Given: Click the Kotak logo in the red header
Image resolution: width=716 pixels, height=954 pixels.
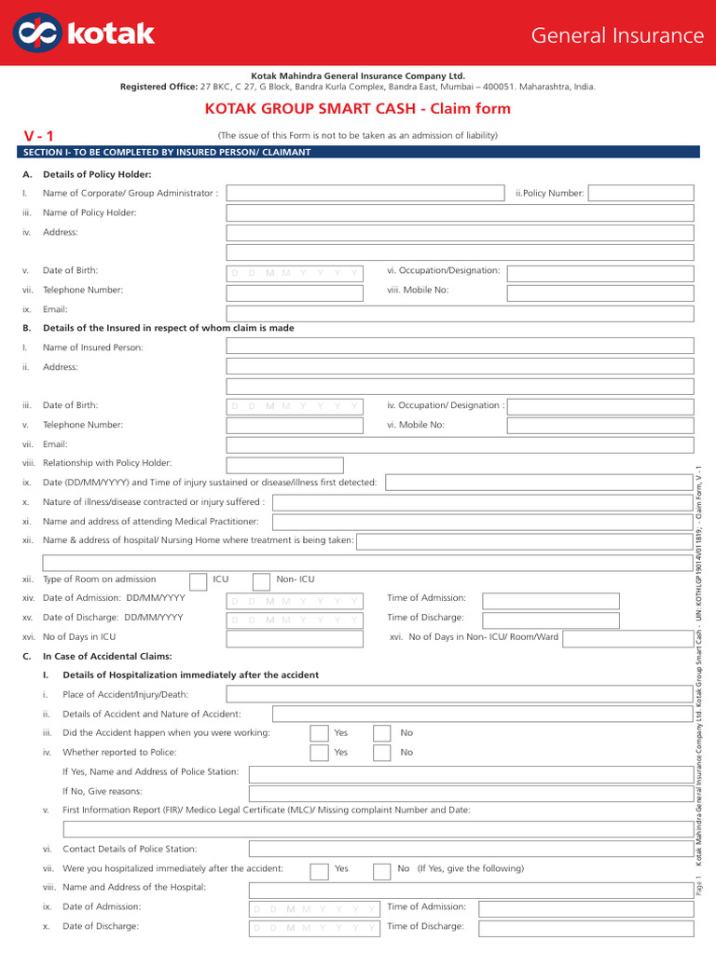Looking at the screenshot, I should click(x=85, y=34).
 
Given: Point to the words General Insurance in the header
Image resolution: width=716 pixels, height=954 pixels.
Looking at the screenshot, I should click(x=617, y=35).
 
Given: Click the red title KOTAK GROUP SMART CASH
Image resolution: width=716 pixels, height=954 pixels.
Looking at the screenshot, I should click(x=357, y=109).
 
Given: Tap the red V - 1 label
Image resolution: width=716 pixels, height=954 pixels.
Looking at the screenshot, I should click(x=39, y=136).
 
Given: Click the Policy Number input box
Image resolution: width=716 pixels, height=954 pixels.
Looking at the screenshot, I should click(x=640, y=193).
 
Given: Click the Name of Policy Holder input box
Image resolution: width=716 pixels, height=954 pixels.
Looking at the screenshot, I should click(x=460, y=212).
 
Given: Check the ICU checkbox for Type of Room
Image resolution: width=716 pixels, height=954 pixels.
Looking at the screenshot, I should click(x=199, y=580).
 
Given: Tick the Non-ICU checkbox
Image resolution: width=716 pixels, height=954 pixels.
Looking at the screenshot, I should click(x=262, y=580).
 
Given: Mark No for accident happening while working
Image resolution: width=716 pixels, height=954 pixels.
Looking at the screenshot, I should click(x=382, y=733).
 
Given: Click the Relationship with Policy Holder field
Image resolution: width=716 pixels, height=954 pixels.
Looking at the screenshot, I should click(x=284, y=464).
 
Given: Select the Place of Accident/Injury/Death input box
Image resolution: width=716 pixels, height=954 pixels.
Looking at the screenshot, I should click(x=460, y=694).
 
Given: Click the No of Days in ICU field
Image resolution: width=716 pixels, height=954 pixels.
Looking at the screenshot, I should click(x=295, y=638).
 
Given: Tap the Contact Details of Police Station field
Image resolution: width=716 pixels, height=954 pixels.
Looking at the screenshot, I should click(x=472, y=849).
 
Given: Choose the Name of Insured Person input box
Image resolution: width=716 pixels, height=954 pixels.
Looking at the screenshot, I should click(x=460, y=347).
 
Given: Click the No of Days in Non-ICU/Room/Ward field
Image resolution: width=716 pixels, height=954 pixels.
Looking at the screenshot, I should click(x=627, y=638).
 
